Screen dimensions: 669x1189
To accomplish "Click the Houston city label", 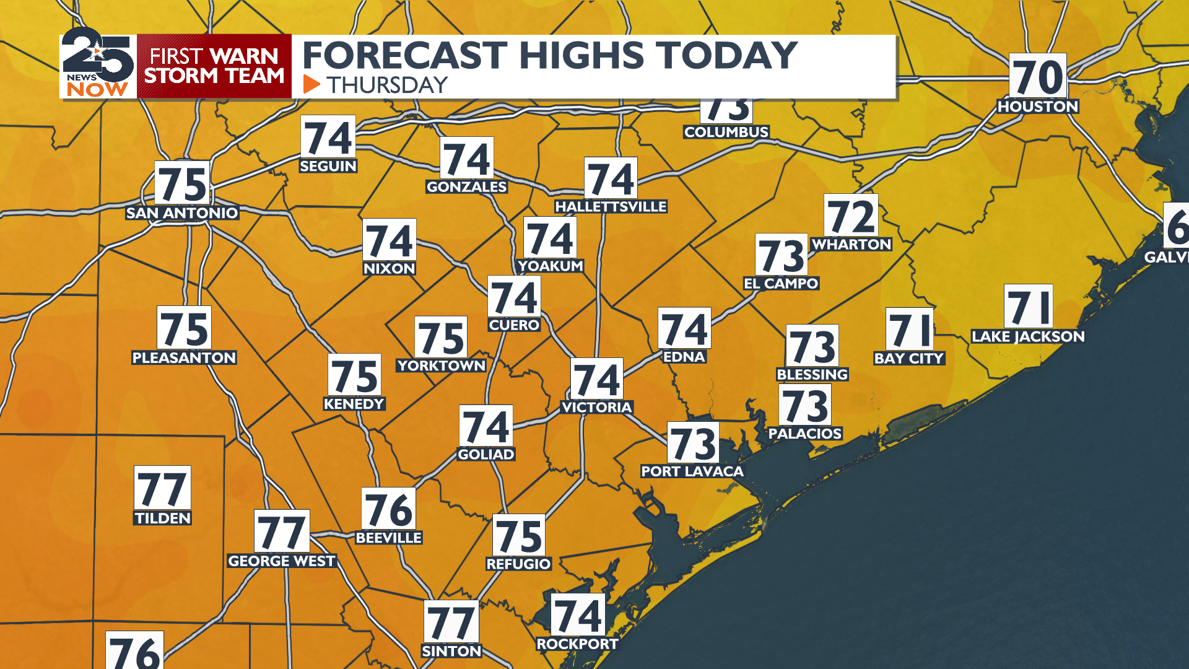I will pos(1038,107).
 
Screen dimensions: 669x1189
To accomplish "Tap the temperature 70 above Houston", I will pos(1038,76).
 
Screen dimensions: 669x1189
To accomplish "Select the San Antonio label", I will pos(182,213).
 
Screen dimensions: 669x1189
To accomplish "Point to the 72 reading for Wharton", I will pos(851,216).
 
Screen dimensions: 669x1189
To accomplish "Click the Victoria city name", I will pos(596,408).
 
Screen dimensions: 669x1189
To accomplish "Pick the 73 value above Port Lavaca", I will pos(693,443).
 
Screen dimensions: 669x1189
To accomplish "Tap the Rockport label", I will pos(577,644).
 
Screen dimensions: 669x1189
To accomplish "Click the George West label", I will pos(282,561).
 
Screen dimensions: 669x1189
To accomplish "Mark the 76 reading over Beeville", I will pos(388,509).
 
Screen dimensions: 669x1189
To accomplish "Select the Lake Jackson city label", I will pos(1028,337).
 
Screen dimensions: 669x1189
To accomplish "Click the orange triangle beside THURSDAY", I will pos(311,84).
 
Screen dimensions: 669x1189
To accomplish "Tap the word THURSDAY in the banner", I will pos(387,85).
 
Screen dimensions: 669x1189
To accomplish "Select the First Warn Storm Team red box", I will pos(214,66).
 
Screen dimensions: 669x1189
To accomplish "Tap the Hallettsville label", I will pos(611,207).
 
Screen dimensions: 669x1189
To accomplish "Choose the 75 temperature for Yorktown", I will pos(441,338).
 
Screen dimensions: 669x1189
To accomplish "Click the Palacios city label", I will pos(805,434).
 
